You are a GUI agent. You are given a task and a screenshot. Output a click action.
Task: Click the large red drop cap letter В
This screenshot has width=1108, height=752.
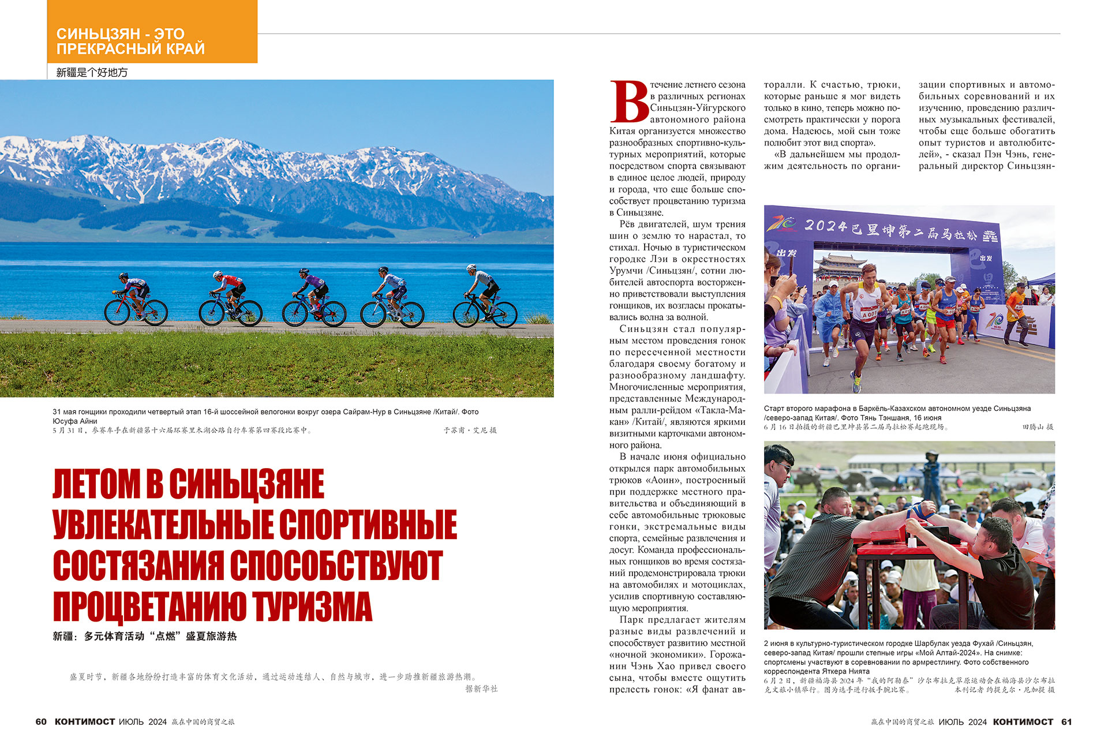[x=628, y=102]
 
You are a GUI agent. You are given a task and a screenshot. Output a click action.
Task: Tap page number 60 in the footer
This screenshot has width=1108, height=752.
[x=41, y=721]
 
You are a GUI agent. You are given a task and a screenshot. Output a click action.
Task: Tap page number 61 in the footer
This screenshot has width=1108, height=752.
[x=1066, y=721]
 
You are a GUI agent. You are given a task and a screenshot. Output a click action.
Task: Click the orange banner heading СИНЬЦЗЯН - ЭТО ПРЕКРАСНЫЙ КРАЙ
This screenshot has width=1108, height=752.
[x=130, y=41]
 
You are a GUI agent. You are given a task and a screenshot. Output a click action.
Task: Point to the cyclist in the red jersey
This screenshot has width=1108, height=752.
[x=230, y=289]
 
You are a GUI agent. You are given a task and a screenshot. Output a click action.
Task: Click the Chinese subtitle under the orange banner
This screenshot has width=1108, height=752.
[x=92, y=72]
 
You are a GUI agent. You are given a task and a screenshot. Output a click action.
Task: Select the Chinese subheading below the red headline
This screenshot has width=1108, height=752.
[x=144, y=636]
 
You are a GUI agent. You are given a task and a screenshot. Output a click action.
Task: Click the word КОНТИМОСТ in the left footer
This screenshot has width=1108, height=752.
[x=85, y=721]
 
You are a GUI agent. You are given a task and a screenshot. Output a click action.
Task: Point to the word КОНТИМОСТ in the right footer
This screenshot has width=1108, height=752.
[x=1023, y=721]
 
